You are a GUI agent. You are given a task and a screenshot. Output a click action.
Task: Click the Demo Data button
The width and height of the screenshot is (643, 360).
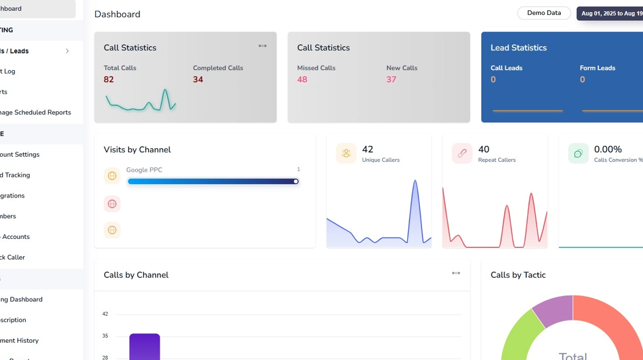pos(544,13)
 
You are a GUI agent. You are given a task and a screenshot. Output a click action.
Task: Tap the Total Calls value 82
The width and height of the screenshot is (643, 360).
pos(109,79)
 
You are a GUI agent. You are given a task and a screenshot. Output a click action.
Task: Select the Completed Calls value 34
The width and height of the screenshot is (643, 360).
pos(198,79)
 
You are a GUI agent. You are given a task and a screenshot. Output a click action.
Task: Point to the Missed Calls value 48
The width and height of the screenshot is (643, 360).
pos(302,79)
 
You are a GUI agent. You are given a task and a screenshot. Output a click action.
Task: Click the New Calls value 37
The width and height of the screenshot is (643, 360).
pos(392,79)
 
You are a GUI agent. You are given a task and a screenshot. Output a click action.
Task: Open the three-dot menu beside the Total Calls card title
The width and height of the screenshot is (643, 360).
pos(262,46)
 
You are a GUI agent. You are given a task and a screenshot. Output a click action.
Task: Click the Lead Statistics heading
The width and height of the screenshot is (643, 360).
pos(518,48)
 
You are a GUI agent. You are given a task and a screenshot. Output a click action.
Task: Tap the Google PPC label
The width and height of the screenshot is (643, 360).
pos(144,170)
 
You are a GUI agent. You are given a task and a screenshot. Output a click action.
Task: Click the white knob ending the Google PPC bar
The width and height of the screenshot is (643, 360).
pos(296,181)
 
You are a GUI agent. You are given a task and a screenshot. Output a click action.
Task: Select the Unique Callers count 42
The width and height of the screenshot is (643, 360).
pos(367,149)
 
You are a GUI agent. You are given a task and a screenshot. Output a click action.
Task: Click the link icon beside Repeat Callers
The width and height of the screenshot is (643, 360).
pos(462,153)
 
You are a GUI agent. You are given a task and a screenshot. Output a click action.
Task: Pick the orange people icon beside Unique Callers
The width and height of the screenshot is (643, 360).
pos(346,153)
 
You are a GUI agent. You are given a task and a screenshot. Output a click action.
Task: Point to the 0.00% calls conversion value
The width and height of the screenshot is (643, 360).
pos(608,149)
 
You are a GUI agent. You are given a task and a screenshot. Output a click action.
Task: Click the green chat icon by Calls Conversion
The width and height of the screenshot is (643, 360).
pos(578,153)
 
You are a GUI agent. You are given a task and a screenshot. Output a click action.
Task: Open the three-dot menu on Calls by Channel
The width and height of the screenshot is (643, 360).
pos(456,273)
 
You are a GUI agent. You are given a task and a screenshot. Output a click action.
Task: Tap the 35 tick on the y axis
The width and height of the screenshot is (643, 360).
pos(105,335)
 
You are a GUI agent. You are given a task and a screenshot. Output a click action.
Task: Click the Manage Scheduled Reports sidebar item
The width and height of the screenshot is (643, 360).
pos(36,113)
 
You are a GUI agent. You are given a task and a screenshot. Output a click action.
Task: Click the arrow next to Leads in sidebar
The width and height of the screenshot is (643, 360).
pos(67,51)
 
